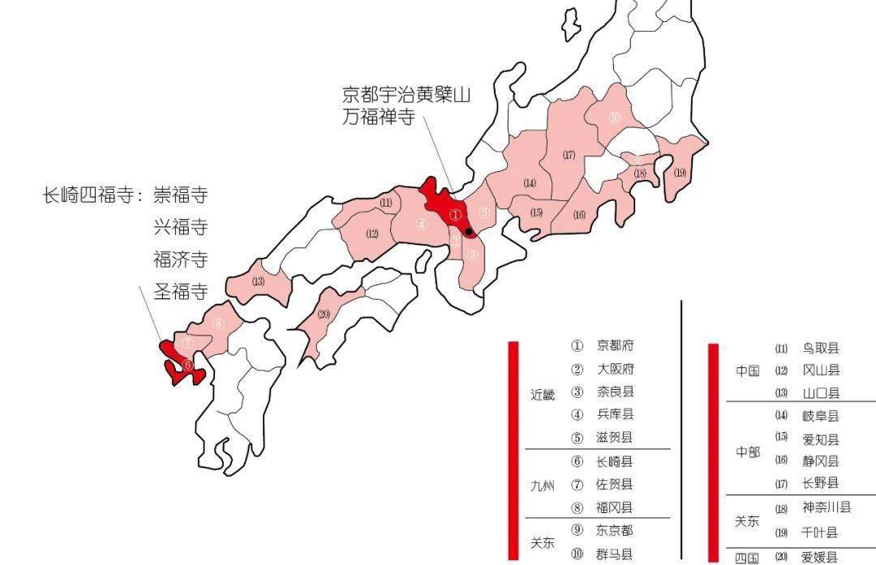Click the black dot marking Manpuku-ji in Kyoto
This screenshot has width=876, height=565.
[x=469, y=231]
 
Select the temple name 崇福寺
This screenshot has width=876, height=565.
[x=180, y=195]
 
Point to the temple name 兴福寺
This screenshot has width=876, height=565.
[x=180, y=227]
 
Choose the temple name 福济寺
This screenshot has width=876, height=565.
[x=180, y=259]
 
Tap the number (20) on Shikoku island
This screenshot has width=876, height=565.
[x=325, y=315]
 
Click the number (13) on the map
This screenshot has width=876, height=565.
[x=258, y=282]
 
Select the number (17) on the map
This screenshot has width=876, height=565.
[x=569, y=155]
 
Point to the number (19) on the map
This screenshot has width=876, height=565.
[x=680, y=172]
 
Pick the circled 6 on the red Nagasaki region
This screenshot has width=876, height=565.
[x=187, y=366]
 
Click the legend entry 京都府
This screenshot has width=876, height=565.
[x=615, y=345]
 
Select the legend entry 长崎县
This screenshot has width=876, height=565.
[x=615, y=461]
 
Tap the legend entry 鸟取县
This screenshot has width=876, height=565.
[x=820, y=349]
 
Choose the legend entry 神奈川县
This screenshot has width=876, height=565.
[x=827, y=508]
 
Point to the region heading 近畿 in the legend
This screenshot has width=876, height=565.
[x=543, y=396]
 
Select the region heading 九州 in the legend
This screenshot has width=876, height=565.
[x=543, y=486]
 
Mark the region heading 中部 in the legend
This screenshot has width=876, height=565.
[x=748, y=452]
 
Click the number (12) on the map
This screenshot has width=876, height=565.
[x=372, y=234]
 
